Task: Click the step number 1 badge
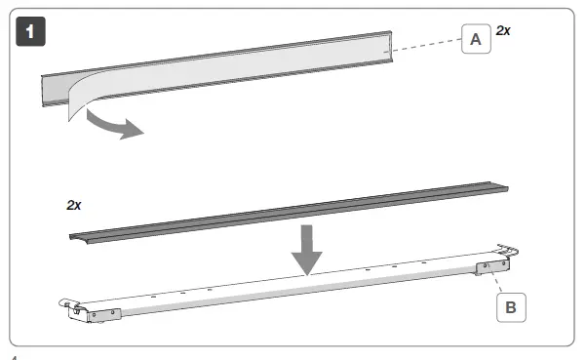31,31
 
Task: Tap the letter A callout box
475,39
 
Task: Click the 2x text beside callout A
503,31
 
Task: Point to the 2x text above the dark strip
74,206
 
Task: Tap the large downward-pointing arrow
308,249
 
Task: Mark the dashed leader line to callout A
426,43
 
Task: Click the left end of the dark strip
76,234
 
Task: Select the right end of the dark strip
508,192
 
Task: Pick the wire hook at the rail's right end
509,251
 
